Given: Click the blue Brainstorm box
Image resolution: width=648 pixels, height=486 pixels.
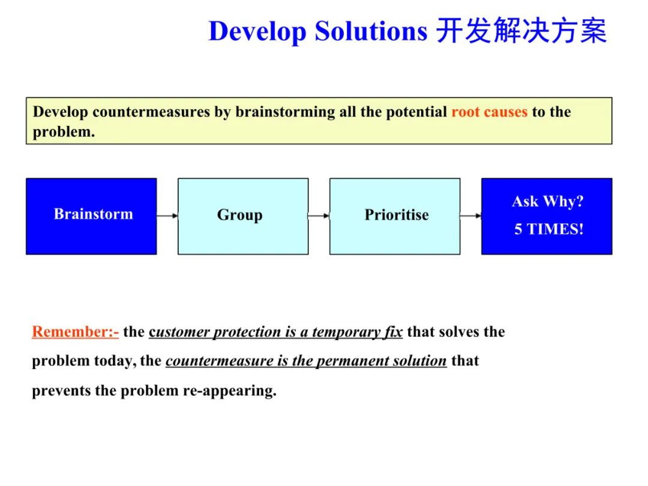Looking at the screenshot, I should [x=91, y=216].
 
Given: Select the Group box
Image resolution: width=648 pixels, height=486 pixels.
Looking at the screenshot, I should [x=243, y=216].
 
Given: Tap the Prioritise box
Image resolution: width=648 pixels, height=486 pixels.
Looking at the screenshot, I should [x=395, y=216].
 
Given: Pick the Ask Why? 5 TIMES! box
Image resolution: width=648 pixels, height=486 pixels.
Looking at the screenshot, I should [x=547, y=216].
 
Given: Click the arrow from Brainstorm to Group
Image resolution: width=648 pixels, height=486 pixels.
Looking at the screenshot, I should [x=167, y=215].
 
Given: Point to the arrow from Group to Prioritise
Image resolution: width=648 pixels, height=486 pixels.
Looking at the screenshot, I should [x=319, y=215].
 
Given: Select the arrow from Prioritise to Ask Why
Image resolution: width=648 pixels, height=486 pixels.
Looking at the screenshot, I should [x=471, y=215].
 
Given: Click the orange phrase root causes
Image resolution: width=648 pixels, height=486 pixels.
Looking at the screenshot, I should [x=489, y=112].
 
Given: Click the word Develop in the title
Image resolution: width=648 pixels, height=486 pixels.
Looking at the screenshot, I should [x=257, y=31].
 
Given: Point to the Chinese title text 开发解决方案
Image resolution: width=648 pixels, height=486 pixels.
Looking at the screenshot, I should [x=521, y=31].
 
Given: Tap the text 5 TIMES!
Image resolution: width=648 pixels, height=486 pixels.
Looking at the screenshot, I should [x=548, y=229].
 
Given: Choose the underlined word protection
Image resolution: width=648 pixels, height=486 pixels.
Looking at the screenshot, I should [x=247, y=332].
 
